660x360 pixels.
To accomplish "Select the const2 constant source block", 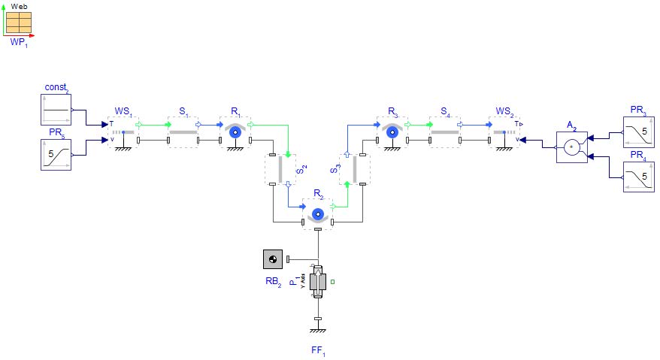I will point(56,110).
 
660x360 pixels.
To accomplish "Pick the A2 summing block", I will point(571,147).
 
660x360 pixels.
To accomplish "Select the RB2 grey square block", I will point(272,259).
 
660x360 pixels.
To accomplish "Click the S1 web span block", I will point(183,132).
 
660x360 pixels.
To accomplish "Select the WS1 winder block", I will point(123,132).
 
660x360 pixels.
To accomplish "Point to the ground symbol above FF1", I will point(318,327).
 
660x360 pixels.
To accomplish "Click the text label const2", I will point(56,90).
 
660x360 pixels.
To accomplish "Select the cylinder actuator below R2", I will point(318,284).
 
